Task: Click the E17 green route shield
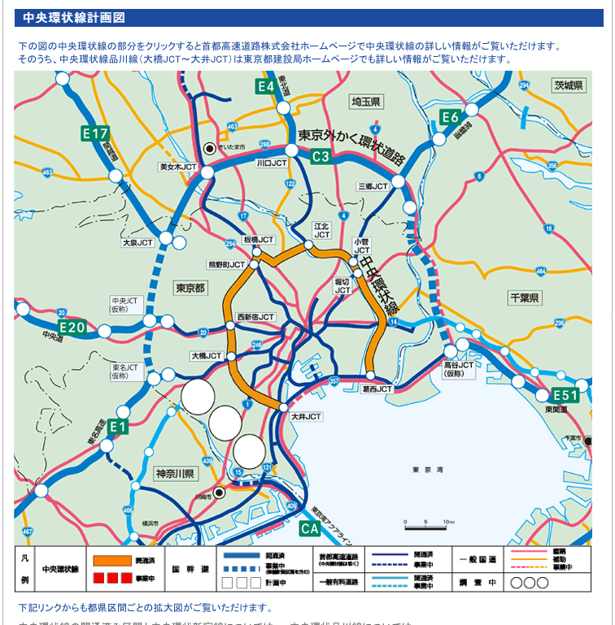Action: (x=96, y=133)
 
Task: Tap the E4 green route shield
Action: (x=265, y=86)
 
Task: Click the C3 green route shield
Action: (x=321, y=156)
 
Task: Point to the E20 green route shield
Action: (x=72, y=328)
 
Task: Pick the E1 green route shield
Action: (x=118, y=427)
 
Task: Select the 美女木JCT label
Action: (x=178, y=167)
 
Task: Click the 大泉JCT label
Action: (x=137, y=242)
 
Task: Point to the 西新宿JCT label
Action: (x=255, y=317)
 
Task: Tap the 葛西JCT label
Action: (x=377, y=389)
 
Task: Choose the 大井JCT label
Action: (x=307, y=416)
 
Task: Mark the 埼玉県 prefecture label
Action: (x=366, y=102)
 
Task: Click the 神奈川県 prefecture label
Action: (x=175, y=474)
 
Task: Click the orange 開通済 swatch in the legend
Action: (x=111, y=560)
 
